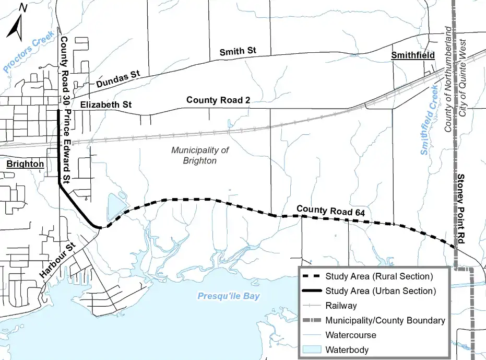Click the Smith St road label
click(238, 52)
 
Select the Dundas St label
click(118, 79)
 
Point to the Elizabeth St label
click(106, 105)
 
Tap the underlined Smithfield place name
click(413, 55)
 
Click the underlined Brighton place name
click(26, 164)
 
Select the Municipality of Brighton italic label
click(200, 155)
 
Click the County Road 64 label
click(330, 211)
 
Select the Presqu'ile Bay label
click(229, 296)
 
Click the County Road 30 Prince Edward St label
click(65, 110)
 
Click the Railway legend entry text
click(341, 306)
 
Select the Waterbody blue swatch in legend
click(311, 349)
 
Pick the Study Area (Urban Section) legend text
click(380, 291)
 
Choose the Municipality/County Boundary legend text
click(385, 320)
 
